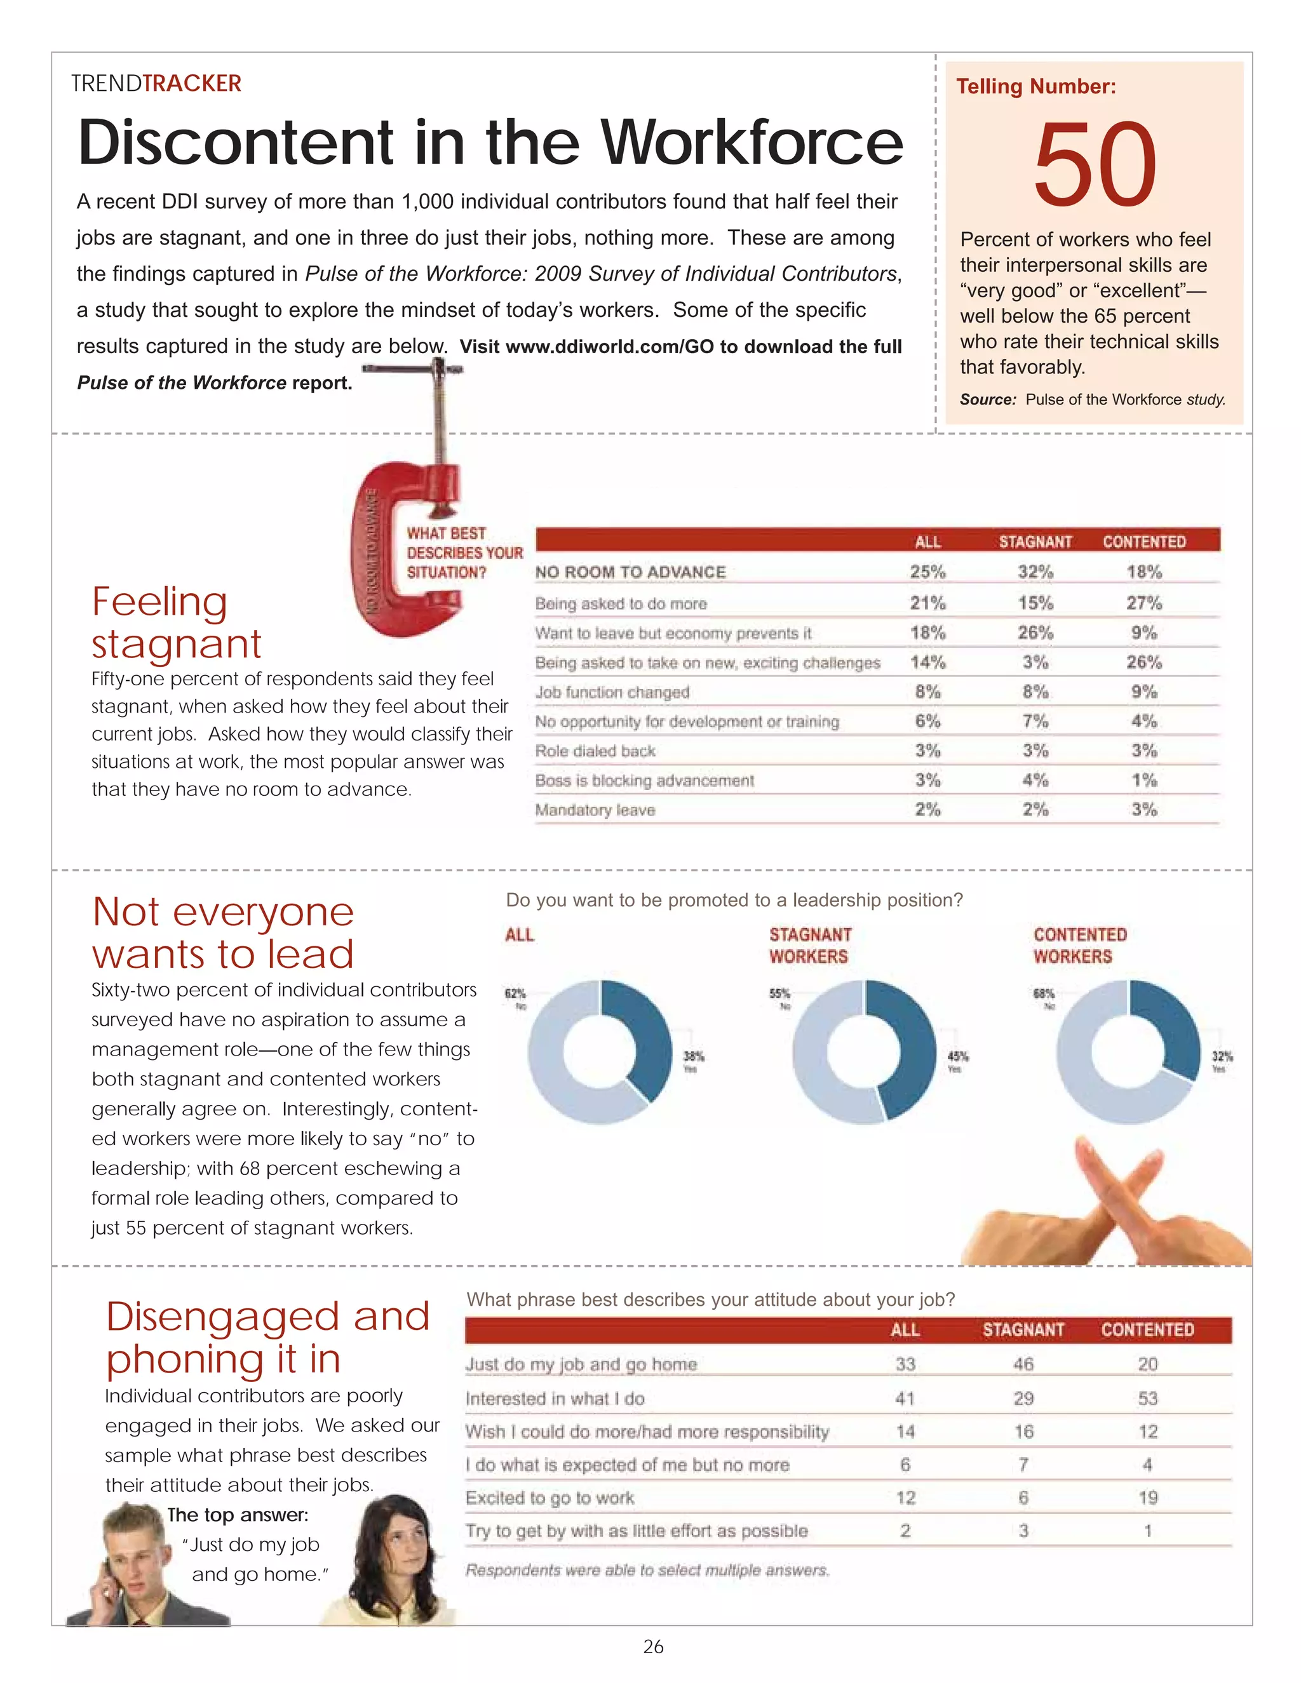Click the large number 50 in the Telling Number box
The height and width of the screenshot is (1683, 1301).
(1095, 166)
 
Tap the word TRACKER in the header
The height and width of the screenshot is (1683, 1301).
(192, 83)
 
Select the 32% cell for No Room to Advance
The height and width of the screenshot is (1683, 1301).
(1034, 572)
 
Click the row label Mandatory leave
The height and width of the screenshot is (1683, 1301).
(595, 810)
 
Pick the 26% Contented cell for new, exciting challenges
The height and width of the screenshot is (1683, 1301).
(1143, 662)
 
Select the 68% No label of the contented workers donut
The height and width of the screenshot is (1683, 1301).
(1044, 997)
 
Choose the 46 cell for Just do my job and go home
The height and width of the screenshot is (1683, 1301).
(1023, 1365)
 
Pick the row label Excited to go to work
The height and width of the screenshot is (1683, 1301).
(549, 1498)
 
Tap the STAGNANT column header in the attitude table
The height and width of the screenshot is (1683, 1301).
(1023, 1330)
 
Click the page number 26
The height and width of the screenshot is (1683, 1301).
(653, 1647)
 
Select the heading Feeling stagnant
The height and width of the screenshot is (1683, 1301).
(176, 622)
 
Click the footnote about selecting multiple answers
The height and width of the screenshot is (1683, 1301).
(647, 1570)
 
